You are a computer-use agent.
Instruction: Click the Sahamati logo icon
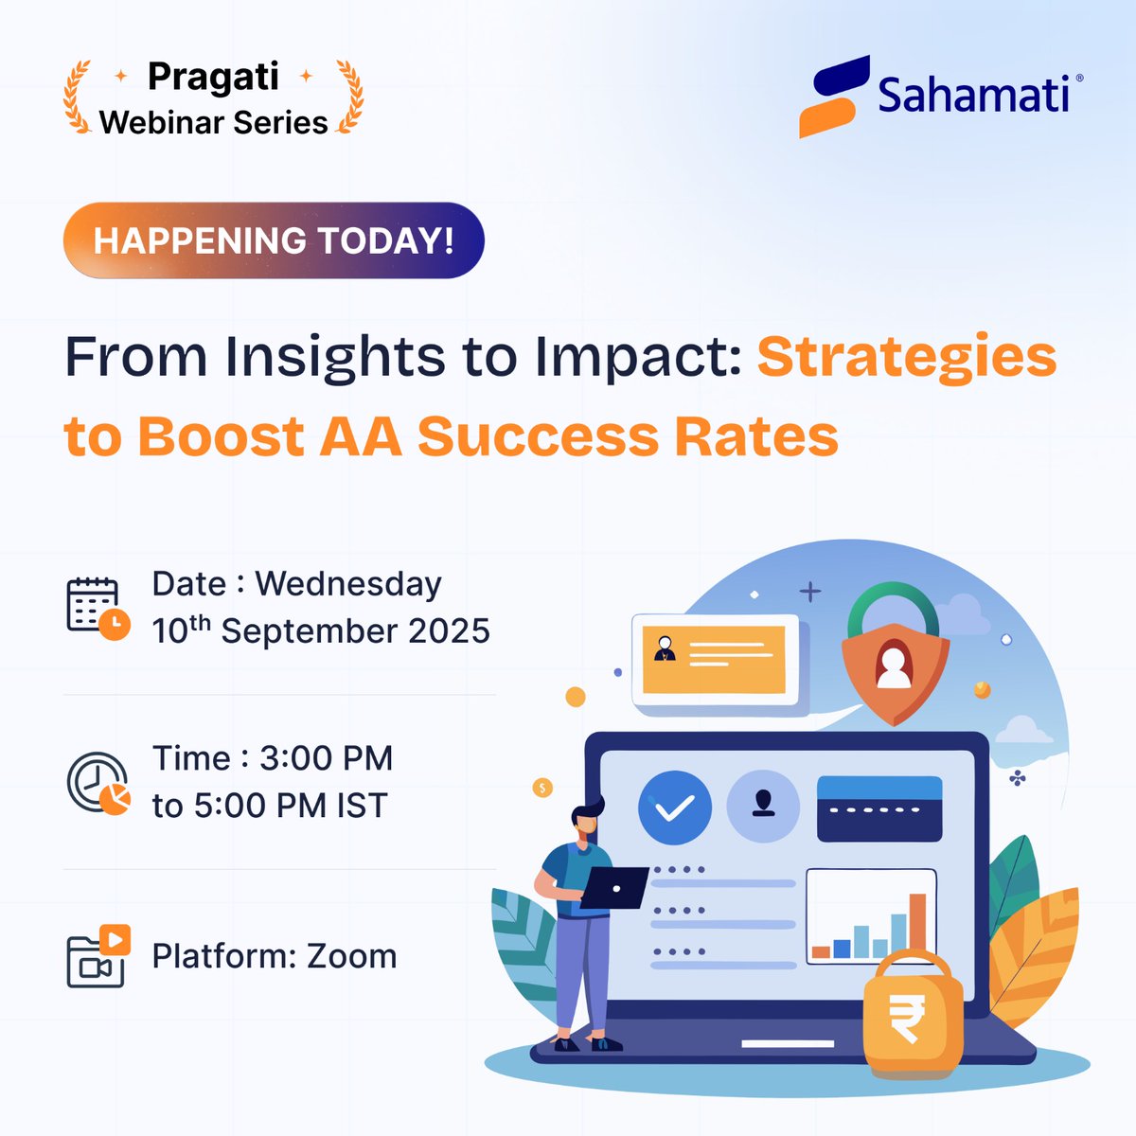tap(833, 97)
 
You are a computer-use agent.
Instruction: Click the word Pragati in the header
tap(213, 77)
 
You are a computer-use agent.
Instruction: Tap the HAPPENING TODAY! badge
tap(274, 240)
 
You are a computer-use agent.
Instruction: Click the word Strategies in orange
tap(906, 358)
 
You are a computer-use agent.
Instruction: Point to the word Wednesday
tap(348, 584)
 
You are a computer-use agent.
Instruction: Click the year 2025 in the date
tap(449, 631)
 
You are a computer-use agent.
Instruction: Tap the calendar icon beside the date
tap(97, 608)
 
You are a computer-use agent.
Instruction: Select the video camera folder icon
tap(98, 957)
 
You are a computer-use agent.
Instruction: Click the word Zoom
tap(351, 956)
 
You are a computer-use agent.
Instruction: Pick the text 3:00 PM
tap(326, 758)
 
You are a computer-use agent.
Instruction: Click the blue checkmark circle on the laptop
tap(674, 808)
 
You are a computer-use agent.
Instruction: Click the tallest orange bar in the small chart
tap(917, 925)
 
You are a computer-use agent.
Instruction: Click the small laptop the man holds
tap(613, 888)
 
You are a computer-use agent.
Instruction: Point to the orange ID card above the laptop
tap(714, 659)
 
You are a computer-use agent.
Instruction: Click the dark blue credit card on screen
tap(879, 809)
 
